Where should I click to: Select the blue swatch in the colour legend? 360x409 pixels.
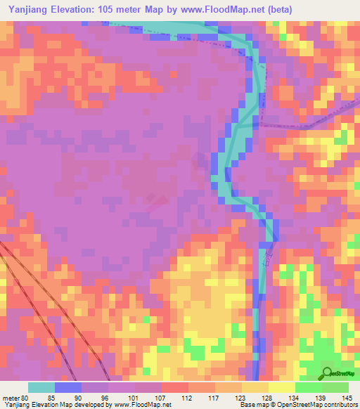coord(68,387)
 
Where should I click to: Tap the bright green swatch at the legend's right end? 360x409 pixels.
coord(335,387)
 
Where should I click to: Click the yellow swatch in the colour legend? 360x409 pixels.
coord(282,387)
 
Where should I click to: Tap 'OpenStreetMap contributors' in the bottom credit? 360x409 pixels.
coord(321,405)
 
